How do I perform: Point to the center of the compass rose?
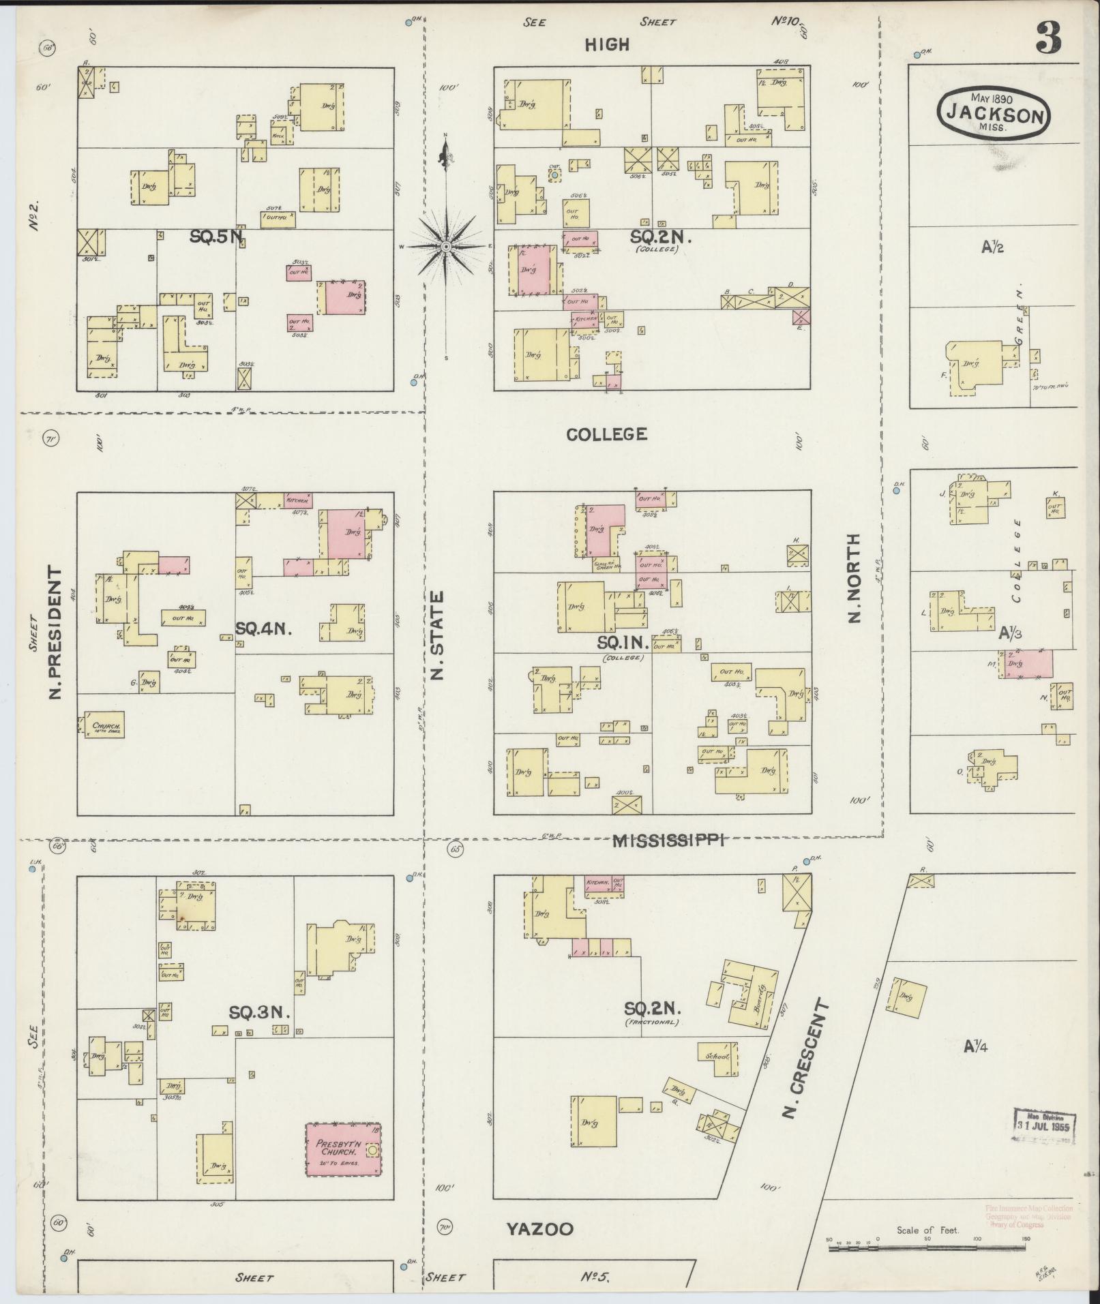click(445, 246)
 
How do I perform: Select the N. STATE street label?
click(437, 635)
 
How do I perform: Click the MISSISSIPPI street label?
click(667, 840)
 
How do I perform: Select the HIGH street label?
click(606, 45)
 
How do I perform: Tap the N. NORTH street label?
click(854, 578)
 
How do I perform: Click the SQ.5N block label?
click(216, 237)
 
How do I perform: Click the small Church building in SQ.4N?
click(104, 725)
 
